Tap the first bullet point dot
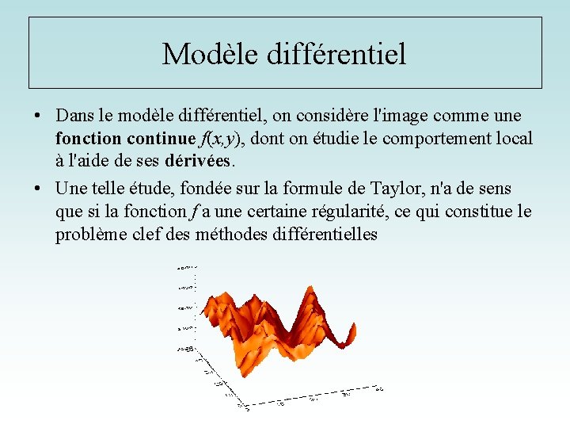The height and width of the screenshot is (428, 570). pyautogui.click(x=38, y=116)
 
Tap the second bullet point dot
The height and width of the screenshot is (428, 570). pyautogui.click(x=38, y=189)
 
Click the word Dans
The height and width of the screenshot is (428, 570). pyautogui.click(x=73, y=116)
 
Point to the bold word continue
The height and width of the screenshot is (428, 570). pyautogui.click(x=159, y=139)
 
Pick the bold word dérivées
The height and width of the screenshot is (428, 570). pyautogui.click(x=199, y=161)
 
